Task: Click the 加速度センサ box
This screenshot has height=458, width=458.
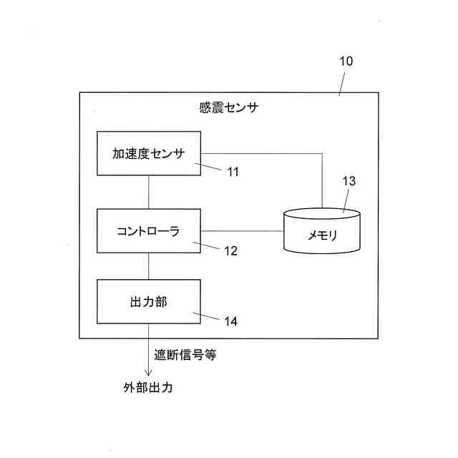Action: pos(149,153)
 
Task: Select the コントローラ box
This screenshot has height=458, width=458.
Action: pos(149,231)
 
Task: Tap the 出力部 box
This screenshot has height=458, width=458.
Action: pos(149,301)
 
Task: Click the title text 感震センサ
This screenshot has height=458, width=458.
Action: pos(229,109)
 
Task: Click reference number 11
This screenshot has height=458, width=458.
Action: pos(233,172)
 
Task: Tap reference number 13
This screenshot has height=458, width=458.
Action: pos(349,181)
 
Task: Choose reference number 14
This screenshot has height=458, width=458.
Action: pos(230,321)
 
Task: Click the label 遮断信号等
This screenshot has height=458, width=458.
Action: pos(185,354)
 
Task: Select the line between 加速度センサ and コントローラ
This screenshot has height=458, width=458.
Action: pos(149,192)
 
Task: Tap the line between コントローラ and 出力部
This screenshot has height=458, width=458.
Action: pos(149,266)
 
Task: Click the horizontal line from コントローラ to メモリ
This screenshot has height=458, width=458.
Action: pos(243,231)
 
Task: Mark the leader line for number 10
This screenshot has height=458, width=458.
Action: pos(341,82)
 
